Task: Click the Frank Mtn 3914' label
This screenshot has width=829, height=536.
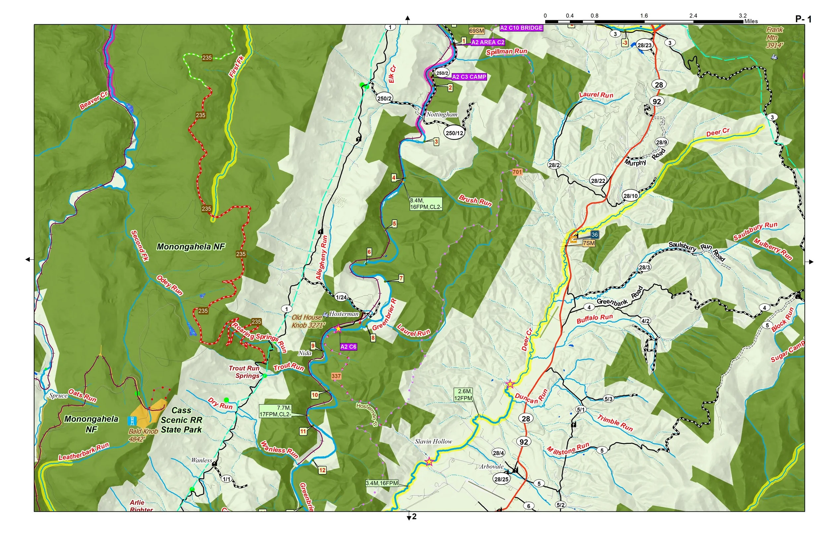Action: (x=774, y=37)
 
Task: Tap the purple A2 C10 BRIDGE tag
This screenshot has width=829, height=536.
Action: (x=521, y=28)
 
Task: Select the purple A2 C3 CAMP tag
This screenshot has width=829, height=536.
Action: (x=469, y=77)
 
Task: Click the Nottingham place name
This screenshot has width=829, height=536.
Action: (x=442, y=115)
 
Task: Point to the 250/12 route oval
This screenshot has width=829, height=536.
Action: (x=455, y=133)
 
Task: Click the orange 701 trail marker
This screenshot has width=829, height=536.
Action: (x=517, y=172)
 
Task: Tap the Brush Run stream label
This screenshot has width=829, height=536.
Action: (x=476, y=201)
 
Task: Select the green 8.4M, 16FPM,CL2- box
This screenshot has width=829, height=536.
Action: (x=426, y=204)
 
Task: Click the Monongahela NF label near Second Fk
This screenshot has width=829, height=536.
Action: (x=191, y=247)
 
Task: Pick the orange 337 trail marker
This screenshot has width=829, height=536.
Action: (x=336, y=376)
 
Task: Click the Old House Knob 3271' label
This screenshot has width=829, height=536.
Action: (x=308, y=321)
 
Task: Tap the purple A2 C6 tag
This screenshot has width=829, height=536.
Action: (x=348, y=347)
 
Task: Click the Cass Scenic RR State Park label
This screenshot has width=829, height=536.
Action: (x=181, y=420)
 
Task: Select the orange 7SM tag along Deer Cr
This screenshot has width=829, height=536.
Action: (x=589, y=243)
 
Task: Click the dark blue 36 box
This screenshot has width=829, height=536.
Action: (x=595, y=235)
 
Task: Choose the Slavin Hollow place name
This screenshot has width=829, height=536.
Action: (x=433, y=441)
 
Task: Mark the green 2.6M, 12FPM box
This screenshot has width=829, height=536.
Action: (x=463, y=395)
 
